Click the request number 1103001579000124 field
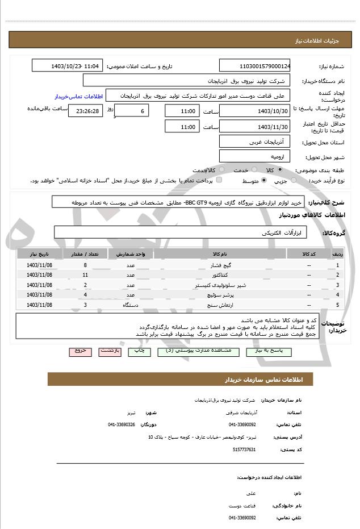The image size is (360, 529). tap(255, 66)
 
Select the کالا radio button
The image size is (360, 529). tap(280, 170)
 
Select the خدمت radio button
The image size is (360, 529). tap(253, 170)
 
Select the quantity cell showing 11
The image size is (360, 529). tap(85, 275)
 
